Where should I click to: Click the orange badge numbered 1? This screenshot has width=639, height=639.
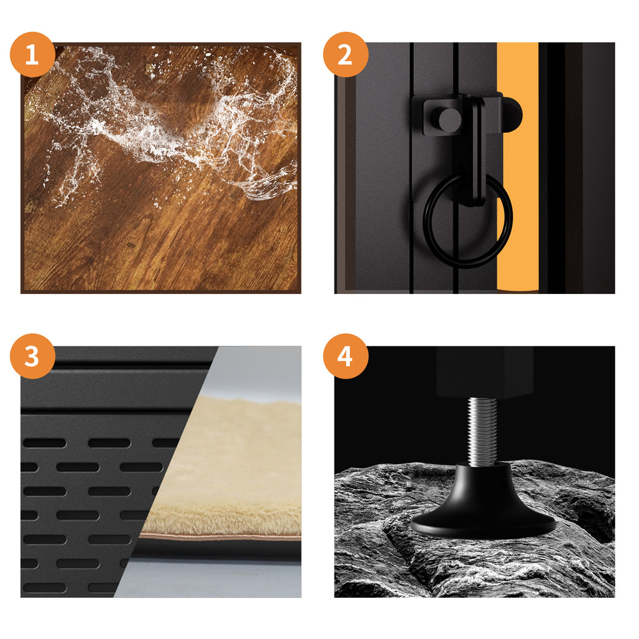pyautogui.click(x=32, y=54)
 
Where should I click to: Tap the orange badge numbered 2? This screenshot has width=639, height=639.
pyautogui.click(x=346, y=54)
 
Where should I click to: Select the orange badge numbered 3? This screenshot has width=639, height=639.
pyautogui.click(x=32, y=356)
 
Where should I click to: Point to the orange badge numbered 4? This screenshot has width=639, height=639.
pyautogui.click(x=346, y=356)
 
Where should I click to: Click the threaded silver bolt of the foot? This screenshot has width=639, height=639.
pyautogui.click(x=482, y=431)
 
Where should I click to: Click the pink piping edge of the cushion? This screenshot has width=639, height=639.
pyautogui.click(x=220, y=537)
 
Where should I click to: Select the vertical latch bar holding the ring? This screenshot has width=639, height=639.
pyautogui.click(x=474, y=151)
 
